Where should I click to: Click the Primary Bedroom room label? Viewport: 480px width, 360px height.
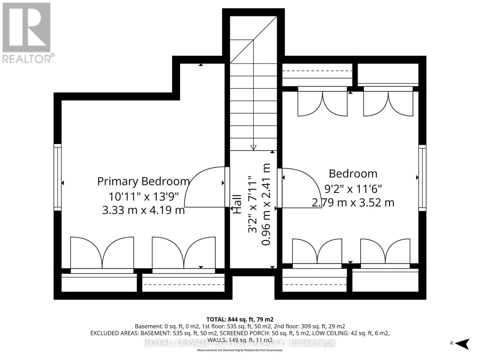click(x=143, y=181)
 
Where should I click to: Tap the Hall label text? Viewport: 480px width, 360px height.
click(x=237, y=204)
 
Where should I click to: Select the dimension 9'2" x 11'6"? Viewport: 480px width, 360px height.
click(x=353, y=189)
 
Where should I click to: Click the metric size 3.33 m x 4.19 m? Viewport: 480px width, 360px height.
click(x=143, y=210)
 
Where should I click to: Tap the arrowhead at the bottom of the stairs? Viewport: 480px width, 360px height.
click(x=253, y=147)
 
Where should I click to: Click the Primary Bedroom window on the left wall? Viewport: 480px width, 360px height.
click(x=58, y=177)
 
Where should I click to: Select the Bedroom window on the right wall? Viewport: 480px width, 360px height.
click(x=422, y=178)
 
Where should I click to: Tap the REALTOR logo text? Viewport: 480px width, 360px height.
click(x=28, y=58)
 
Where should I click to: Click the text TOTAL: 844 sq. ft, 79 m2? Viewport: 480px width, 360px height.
click(x=240, y=319)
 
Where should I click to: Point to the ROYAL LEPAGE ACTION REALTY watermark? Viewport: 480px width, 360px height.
click(x=240, y=343)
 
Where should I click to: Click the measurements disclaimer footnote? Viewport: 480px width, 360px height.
click(x=240, y=350)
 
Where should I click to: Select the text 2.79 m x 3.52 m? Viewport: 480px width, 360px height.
click(x=353, y=203)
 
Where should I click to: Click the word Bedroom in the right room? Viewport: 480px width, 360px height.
click(x=353, y=174)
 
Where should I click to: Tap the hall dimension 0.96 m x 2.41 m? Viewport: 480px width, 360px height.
click(x=266, y=204)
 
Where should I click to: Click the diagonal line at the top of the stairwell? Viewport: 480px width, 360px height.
click(x=253, y=39)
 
